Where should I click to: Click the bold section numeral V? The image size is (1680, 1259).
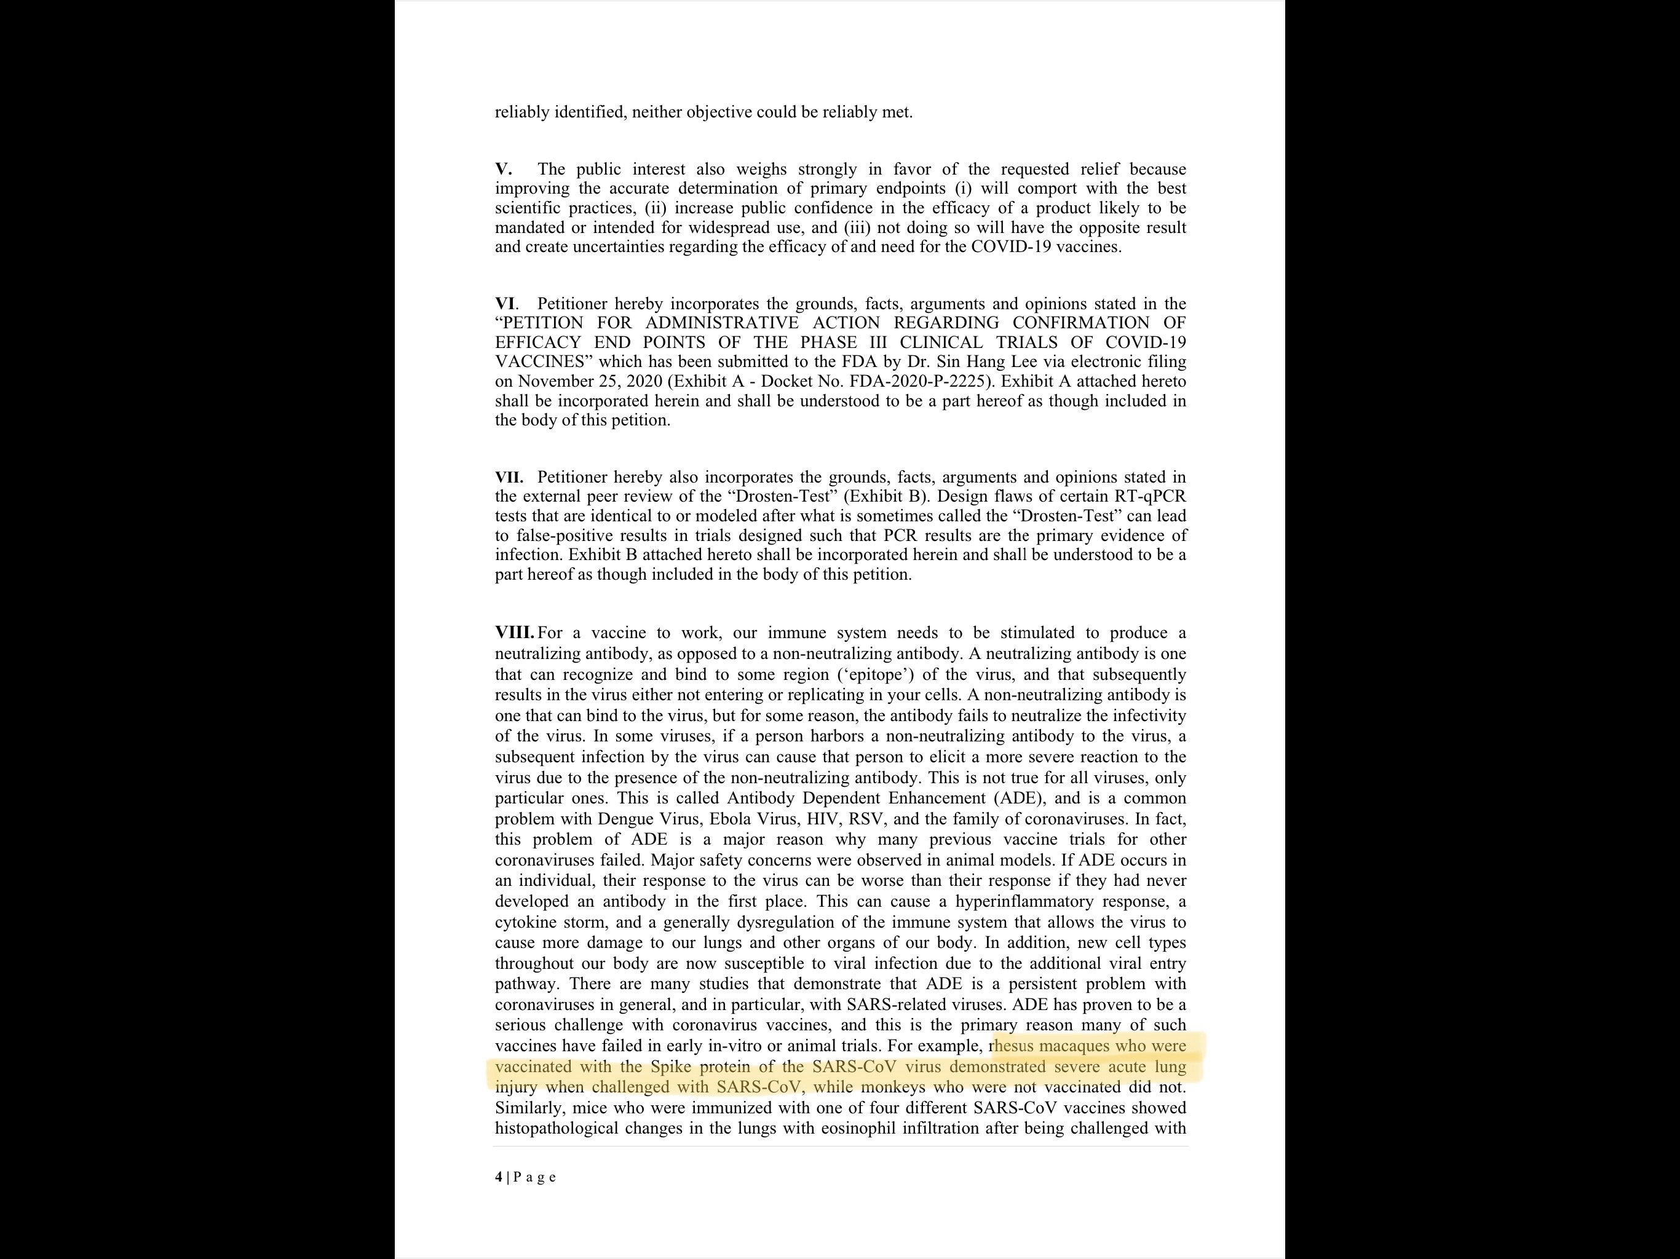(x=503, y=169)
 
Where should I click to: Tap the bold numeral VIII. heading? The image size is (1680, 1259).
(x=514, y=633)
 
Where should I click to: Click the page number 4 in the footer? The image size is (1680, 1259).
(x=499, y=1177)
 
